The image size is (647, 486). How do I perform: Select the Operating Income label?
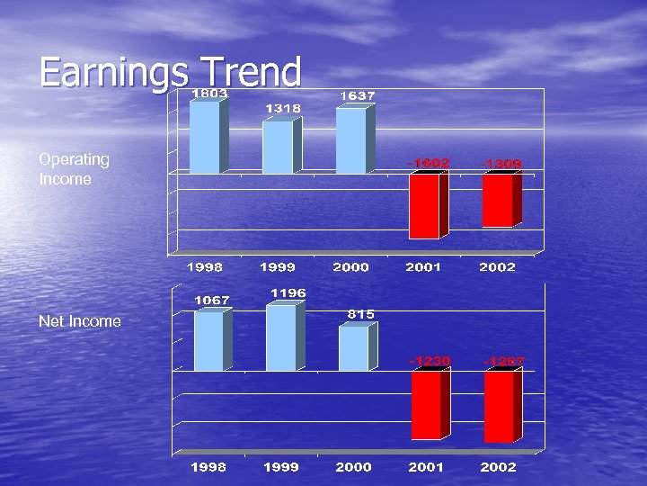(x=74, y=169)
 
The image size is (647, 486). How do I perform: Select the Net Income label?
(x=79, y=321)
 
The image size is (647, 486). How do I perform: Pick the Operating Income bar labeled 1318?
(x=278, y=147)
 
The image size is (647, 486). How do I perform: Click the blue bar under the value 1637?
(x=350, y=140)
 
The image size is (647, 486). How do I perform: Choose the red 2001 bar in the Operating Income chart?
(x=424, y=206)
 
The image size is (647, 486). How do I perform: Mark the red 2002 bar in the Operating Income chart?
(x=497, y=200)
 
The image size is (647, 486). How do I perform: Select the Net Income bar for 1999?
(x=280, y=337)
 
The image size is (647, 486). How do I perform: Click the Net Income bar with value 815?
(x=353, y=348)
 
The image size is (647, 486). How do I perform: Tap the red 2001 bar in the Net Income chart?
(x=426, y=405)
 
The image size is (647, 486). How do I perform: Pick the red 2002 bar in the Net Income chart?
(x=499, y=407)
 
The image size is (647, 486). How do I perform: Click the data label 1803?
(x=208, y=93)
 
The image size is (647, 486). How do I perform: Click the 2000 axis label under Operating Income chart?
(x=350, y=267)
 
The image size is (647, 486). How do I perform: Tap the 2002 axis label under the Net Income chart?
(x=498, y=467)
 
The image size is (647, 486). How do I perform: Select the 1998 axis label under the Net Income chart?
(x=208, y=467)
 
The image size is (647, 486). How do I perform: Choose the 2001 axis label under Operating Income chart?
(x=424, y=267)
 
